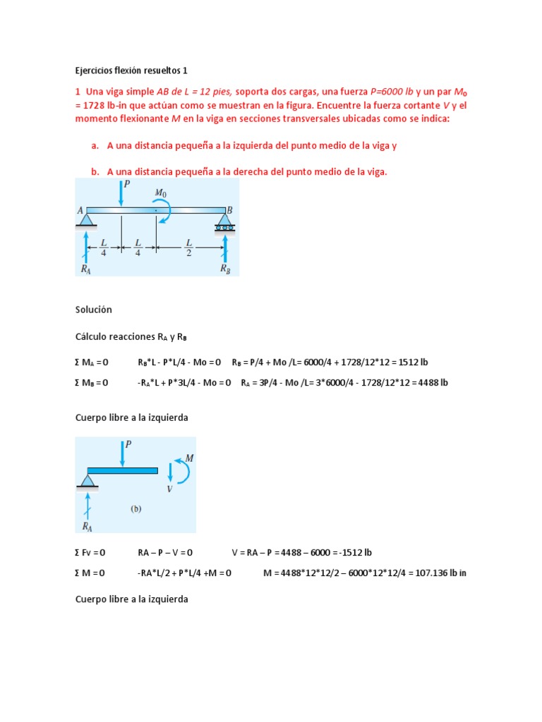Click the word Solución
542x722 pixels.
click(93, 310)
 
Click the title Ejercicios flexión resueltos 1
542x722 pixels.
click(131, 71)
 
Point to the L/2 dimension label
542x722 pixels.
click(188, 247)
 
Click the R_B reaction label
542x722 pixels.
click(224, 269)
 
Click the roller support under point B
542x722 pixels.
click(225, 224)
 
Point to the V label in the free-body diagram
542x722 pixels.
click(169, 489)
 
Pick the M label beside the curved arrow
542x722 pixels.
click(189, 458)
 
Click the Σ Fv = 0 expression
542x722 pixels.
click(91, 552)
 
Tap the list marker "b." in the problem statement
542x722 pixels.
click(95, 171)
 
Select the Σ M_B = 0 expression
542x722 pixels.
click(92, 383)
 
